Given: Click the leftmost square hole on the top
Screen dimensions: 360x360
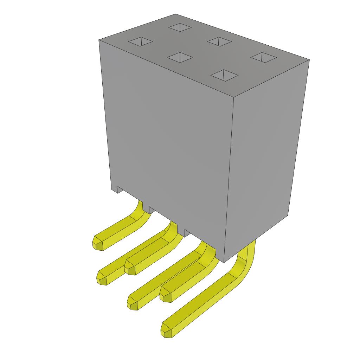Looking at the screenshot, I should coord(140,42).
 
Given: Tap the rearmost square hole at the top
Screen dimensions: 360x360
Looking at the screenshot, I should coord(180,27).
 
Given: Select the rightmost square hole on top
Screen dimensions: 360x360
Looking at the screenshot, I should coord(264,57).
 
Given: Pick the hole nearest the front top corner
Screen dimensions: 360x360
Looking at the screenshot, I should coord(224,75).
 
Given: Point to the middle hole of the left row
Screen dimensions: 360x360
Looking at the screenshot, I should coord(180,57).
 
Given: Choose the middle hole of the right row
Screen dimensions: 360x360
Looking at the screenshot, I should coord(219,41).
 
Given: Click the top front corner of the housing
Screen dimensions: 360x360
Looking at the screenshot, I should coord(234,96).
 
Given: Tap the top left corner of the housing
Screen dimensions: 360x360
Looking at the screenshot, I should coord(99,40).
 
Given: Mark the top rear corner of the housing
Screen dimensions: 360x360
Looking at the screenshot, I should coord(175,14).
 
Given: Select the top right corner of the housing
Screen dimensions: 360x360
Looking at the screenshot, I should coord(309,60).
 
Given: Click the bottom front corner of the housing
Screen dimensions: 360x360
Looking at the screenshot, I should coord(224,262).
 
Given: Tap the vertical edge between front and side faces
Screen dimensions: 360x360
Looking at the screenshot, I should coord(229,176).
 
